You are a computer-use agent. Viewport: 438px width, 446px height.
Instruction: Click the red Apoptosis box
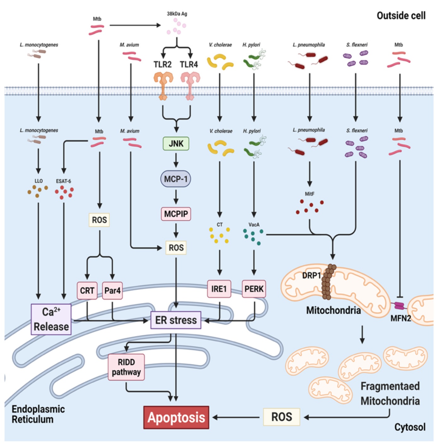(x=176, y=417)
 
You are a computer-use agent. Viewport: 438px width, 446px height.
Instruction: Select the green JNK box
(x=176, y=144)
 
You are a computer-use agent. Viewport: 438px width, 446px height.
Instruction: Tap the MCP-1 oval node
(x=176, y=179)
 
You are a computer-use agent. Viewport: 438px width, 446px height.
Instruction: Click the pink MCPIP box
(x=176, y=214)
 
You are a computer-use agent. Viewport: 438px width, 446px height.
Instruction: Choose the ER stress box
(x=176, y=320)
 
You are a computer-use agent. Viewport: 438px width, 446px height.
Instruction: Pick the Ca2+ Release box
(x=51, y=319)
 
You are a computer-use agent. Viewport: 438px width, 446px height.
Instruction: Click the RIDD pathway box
(x=126, y=367)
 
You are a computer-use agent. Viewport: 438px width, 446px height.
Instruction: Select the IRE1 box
(x=219, y=289)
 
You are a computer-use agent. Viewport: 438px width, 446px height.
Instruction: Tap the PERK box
(x=254, y=289)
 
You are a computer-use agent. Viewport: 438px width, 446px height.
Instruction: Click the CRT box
(x=87, y=290)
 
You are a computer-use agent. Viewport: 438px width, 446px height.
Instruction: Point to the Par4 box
(x=112, y=290)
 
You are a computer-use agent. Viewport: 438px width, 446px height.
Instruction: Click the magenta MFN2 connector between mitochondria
(x=399, y=306)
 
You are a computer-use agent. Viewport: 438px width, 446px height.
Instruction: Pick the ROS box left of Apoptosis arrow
(x=281, y=417)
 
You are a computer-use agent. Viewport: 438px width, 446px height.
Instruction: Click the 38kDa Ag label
(x=177, y=14)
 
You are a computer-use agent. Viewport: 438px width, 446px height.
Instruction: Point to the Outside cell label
(x=401, y=16)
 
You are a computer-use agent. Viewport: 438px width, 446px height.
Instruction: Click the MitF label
(x=309, y=194)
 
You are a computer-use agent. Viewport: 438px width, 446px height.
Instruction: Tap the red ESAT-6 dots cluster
(x=64, y=192)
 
